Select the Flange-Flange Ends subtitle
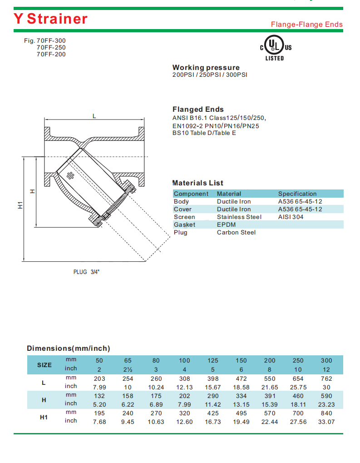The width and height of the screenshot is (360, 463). (x=306, y=25)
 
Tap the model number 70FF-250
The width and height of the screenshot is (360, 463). (x=51, y=47)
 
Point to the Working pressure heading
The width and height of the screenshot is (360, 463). (x=206, y=68)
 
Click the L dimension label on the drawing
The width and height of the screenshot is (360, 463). (x=94, y=116)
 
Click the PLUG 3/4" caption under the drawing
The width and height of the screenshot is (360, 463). (x=86, y=272)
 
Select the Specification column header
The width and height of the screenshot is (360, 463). (x=297, y=194)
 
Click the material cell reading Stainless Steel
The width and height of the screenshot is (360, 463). (x=239, y=217)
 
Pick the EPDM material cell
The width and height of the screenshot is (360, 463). (x=226, y=224)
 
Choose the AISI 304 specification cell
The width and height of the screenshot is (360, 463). (x=291, y=217)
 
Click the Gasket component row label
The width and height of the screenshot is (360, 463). (x=184, y=224)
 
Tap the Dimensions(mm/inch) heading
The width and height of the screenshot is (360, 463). (x=69, y=348)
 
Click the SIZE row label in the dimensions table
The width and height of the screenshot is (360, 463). (x=44, y=365)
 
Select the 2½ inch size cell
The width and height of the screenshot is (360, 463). (x=128, y=369)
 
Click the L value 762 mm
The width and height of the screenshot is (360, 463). (x=326, y=378)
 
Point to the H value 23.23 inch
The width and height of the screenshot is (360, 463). (x=326, y=404)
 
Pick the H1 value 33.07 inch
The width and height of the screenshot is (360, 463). (x=326, y=421)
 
